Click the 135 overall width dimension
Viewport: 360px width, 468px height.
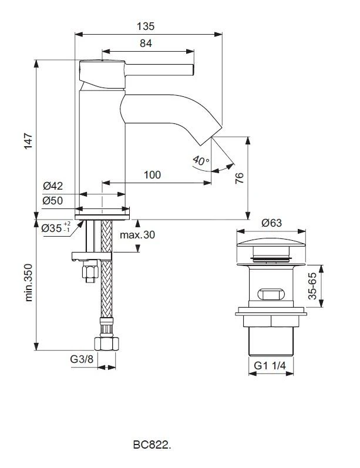pyautogui.click(x=146, y=26)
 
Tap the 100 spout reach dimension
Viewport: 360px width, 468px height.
pyautogui.click(x=152, y=175)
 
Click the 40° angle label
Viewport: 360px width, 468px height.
pyautogui.click(x=200, y=161)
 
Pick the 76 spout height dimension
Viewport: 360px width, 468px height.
pyautogui.click(x=240, y=178)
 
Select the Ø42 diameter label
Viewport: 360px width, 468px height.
pyautogui.click(x=53, y=186)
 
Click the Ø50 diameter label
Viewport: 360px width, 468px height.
pyautogui.click(x=53, y=201)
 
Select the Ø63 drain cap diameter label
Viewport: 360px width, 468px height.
pyautogui.click(x=272, y=223)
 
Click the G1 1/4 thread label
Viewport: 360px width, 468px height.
pyautogui.click(x=271, y=365)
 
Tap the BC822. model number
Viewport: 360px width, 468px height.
pyautogui.click(x=152, y=446)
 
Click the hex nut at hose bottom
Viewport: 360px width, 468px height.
pyautogui.click(x=106, y=343)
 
